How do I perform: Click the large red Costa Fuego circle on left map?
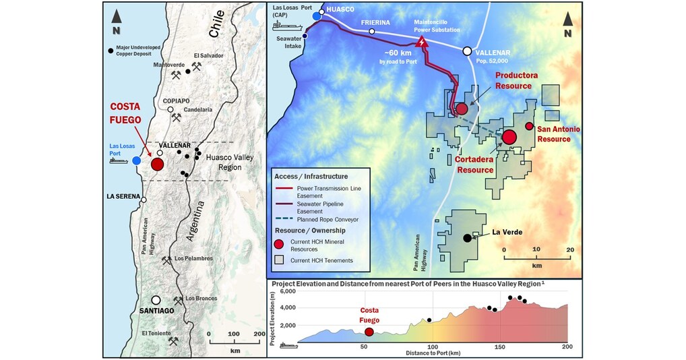pyautogui.click(x=158, y=164)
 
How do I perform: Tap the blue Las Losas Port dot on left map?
pyautogui.click(x=137, y=160)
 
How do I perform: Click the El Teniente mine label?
pyautogui.click(x=158, y=333)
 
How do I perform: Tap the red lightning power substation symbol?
pyautogui.click(x=423, y=42)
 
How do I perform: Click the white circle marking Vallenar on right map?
pyautogui.click(x=467, y=51)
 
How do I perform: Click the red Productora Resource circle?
pyautogui.click(x=462, y=109)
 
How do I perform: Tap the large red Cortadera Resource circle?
pyautogui.click(x=509, y=138)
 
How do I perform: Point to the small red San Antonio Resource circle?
pyautogui.click(x=529, y=126)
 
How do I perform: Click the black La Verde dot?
pyautogui.click(x=466, y=238)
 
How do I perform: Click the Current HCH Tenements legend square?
pyautogui.click(x=280, y=260)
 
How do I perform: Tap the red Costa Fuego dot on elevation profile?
pyautogui.click(x=369, y=331)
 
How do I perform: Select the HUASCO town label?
pyautogui.click(x=340, y=11)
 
